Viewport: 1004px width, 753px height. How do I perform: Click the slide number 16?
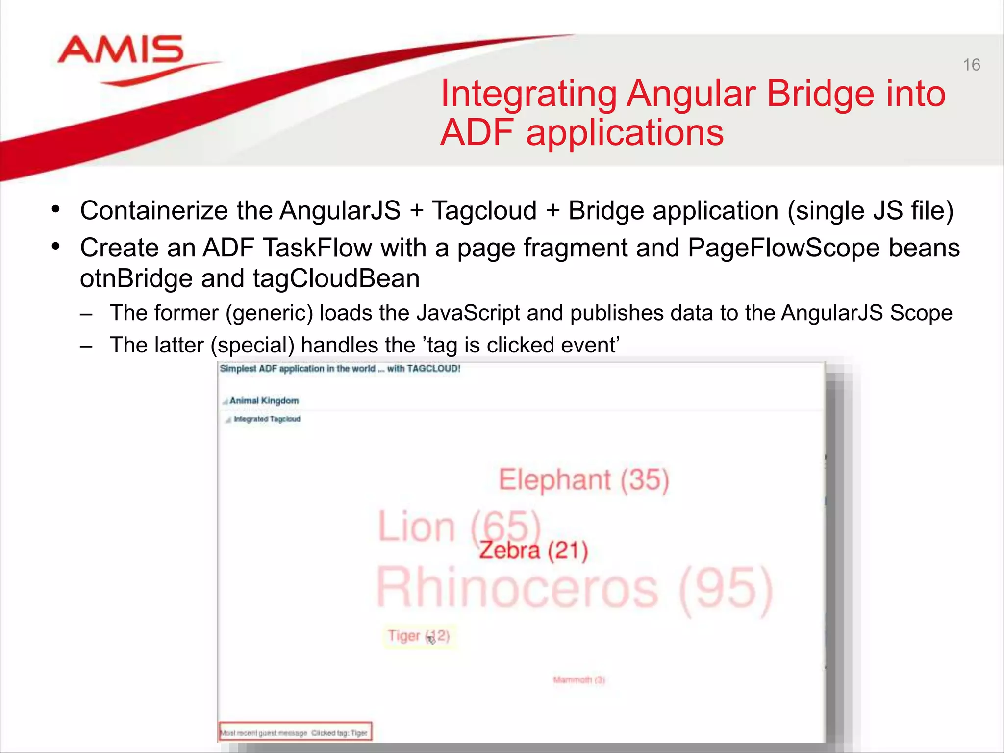click(x=971, y=65)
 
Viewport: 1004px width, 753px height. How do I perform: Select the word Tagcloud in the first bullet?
click(x=484, y=211)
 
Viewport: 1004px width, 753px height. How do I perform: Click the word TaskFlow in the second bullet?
click(x=317, y=247)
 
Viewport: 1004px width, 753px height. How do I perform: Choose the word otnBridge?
click(x=136, y=278)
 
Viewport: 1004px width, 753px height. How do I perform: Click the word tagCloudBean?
click(x=336, y=278)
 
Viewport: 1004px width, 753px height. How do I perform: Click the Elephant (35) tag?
click(x=583, y=479)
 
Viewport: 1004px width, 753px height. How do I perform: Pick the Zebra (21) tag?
click(x=533, y=550)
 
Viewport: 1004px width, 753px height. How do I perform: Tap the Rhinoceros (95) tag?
click(x=574, y=588)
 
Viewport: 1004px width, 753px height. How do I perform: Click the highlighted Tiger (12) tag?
click(x=419, y=636)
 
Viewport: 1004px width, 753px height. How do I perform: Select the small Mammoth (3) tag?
click(x=579, y=680)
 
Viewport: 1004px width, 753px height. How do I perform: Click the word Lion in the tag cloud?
click(x=417, y=527)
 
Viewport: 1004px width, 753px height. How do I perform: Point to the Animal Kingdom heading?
click(x=264, y=401)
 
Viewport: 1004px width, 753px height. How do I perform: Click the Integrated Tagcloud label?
click(x=267, y=419)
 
